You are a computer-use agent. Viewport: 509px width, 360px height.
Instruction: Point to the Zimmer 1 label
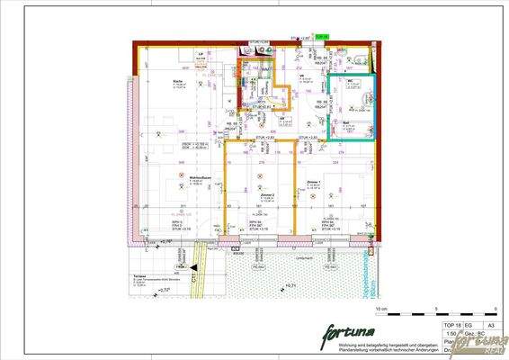point(314,182)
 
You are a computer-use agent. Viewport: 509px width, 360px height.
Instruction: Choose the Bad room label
point(345,121)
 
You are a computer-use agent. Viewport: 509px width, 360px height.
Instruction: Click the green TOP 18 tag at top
point(325,37)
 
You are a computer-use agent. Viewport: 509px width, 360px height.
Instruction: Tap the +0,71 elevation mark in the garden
point(290,287)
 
